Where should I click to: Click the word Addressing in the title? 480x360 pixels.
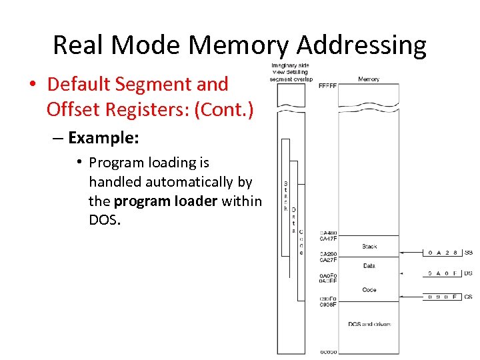click(x=361, y=45)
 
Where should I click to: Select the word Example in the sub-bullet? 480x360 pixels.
click(x=103, y=138)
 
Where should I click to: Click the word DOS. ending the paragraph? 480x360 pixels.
click(x=105, y=220)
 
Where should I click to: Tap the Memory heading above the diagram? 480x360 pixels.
click(x=368, y=79)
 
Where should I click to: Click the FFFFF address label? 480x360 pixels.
click(x=327, y=86)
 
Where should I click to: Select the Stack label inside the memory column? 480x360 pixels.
click(x=369, y=247)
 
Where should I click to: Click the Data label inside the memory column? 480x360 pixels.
click(x=369, y=266)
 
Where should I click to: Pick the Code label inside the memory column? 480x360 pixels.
click(x=369, y=290)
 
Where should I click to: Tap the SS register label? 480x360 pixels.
click(x=469, y=253)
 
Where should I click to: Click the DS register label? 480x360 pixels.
click(x=469, y=273)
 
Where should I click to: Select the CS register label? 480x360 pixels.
click(x=469, y=296)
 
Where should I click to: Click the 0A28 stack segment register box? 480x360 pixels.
click(x=443, y=253)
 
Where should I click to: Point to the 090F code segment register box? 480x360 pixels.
click(x=443, y=296)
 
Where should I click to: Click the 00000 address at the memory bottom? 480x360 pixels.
click(x=328, y=351)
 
